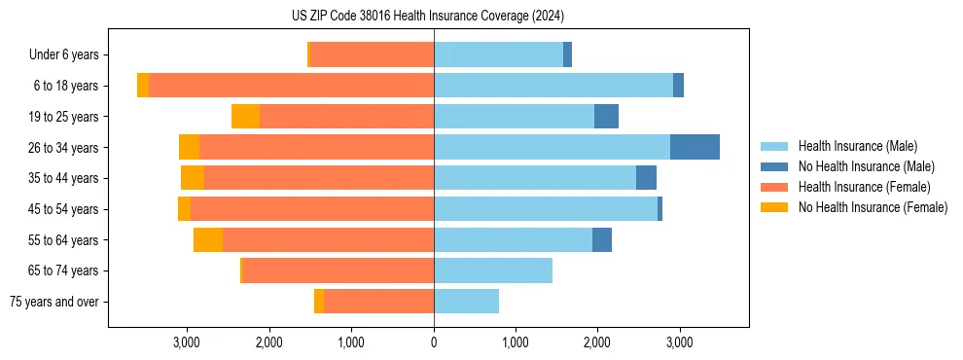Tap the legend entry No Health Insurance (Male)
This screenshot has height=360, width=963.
pyautogui.click(x=866, y=166)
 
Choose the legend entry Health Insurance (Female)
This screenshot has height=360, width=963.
pyautogui.click(x=863, y=187)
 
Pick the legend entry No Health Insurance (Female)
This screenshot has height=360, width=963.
pyautogui.click(x=872, y=207)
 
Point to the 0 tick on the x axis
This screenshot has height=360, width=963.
pyautogui.click(x=434, y=342)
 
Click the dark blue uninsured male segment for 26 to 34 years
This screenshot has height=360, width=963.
pyautogui.click(x=695, y=147)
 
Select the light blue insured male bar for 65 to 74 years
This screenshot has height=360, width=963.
pyautogui.click(x=493, y=270)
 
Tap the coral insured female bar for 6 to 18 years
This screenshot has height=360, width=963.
pyautogui.click(x=291, y=86)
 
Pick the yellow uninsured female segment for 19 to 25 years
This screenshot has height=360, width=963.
pyautogui.click(x=245, y=117)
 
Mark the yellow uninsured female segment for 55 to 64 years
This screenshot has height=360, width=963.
pyautogui.click(x=208, y=239)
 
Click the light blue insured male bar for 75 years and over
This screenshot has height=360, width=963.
pyautogui.click(x=466, y=302)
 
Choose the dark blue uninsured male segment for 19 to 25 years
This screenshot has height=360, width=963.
pyautogui.click(x=606, y=117)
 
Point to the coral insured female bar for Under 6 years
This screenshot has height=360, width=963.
pyautogui.click(x=372, y=54)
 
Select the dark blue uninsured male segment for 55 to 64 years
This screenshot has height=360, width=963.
pyautogui.click(x=602, y=239)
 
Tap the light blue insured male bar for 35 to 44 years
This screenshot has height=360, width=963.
pyautogui.click(x=535, y=178)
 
